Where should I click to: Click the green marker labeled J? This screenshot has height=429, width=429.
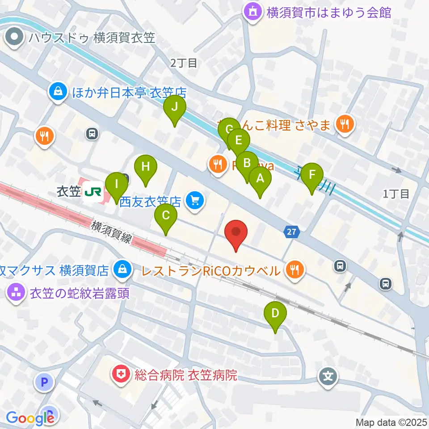pos(175,107)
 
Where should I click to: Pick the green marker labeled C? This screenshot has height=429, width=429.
pos(165,216)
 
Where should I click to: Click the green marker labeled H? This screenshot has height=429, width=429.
pos(145,167)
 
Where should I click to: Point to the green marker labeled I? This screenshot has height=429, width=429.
pos(117,184)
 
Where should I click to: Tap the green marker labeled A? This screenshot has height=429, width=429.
pos(260,179)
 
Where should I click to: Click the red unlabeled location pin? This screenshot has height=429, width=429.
pos(236,232)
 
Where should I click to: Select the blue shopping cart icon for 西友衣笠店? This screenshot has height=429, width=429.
pos(195,200)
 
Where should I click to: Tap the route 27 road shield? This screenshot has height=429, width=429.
pos(291,232)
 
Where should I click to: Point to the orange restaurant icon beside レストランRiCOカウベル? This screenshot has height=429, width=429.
pos(294,270)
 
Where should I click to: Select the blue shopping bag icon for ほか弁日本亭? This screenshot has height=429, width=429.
pos(58,93)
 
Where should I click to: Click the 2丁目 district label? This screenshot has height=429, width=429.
pos(184,63)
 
